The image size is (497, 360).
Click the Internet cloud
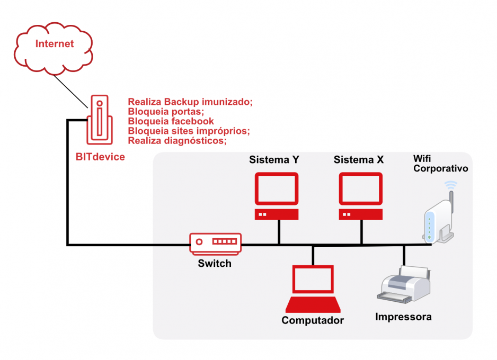coord(54,44)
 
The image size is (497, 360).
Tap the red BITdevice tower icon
coord(100,120)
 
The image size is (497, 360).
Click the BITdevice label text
coord(100,157)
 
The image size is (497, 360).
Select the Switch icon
coord(216,242)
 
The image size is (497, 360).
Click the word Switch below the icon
coord(215,263)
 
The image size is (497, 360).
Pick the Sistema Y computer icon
coord(276,196)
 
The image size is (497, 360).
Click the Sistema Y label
coord(274,159)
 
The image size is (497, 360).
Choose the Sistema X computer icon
coord(361,196)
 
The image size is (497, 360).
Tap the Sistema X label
coord(359,159)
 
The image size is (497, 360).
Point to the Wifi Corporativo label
coord(440,164)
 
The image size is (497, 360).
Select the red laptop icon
coord(313,289)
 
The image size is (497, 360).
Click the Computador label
coord(313,320)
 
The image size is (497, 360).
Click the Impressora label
coord(403,317)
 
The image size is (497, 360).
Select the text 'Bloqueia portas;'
coord(166,112)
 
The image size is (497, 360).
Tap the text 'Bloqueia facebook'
coord(171,121)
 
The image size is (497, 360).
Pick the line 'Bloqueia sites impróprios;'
coord(189,131)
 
